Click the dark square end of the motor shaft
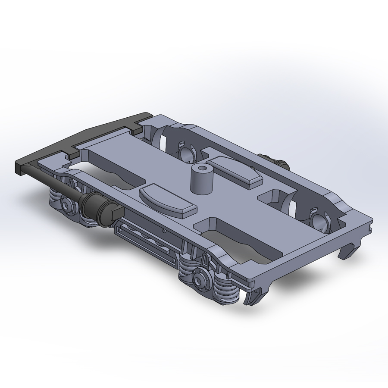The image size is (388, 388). (116, 213)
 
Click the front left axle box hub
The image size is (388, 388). (67, 204)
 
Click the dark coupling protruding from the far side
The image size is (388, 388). (278, 163)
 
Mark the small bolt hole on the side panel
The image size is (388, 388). (164, 232)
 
